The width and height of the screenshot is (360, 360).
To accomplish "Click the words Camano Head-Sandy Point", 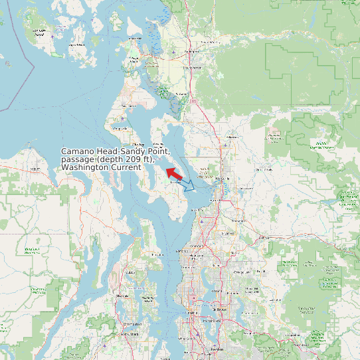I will click(120, 151).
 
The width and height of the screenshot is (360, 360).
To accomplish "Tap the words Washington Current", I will click(101, 167).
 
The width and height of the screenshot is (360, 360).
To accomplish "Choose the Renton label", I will click(217, 349).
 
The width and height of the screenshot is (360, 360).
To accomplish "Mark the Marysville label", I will click(223, 178).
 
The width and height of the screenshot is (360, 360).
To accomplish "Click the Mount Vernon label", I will click(193, 67).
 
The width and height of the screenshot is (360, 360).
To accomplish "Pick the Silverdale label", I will click(122, 296).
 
